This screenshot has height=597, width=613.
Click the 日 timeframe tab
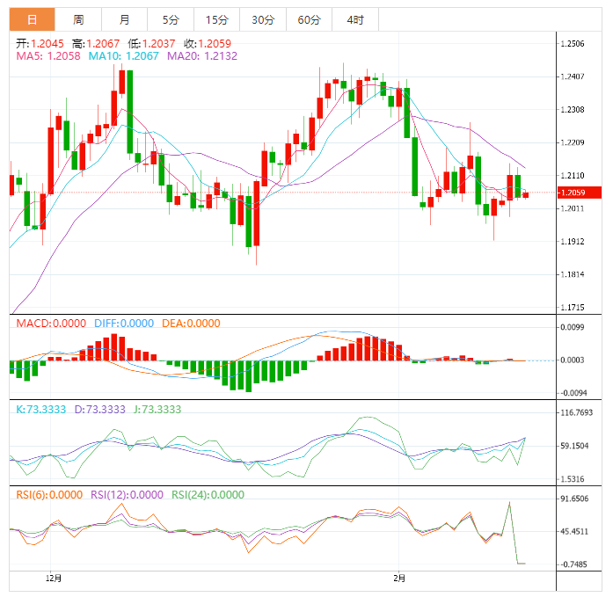point(32,19)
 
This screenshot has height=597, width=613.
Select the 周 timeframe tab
point(78,19)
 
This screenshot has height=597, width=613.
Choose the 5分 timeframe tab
point(171,19)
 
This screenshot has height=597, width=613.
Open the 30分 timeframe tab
point(262,19)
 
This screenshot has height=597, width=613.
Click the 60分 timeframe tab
point(309,19)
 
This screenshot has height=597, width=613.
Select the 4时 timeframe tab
point(355,19)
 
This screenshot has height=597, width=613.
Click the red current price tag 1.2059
point(581,193)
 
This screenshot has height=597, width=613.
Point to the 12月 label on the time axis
point(54,578)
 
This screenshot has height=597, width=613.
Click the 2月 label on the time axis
point(400,578)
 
